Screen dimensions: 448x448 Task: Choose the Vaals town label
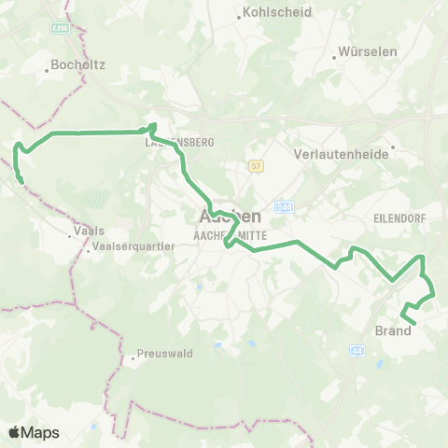tap(88, 230)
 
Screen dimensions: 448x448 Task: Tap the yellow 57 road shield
tap(255, 166)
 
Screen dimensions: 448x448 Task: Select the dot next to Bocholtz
tap(47, 68)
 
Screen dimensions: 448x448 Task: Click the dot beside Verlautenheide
tap(394, 147)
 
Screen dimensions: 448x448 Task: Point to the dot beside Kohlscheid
tap(237, 13)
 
